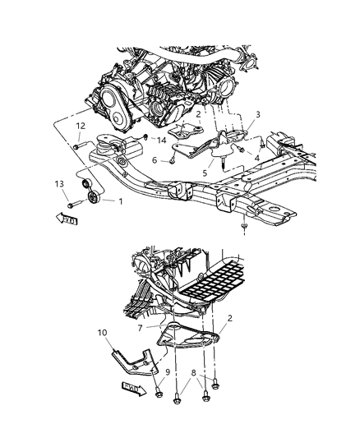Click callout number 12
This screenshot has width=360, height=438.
point(81,125)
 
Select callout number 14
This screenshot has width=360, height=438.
point(161,141)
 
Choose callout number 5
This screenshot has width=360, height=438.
point(205,173)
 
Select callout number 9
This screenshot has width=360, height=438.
point(168,371)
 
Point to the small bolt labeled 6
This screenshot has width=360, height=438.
point(171,161)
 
